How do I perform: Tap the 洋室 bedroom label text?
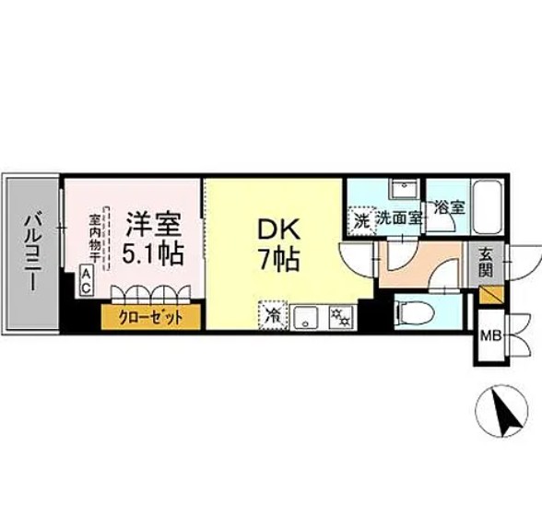[152, 224]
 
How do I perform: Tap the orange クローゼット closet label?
[149, 318]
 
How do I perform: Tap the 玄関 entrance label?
[486, 262]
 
